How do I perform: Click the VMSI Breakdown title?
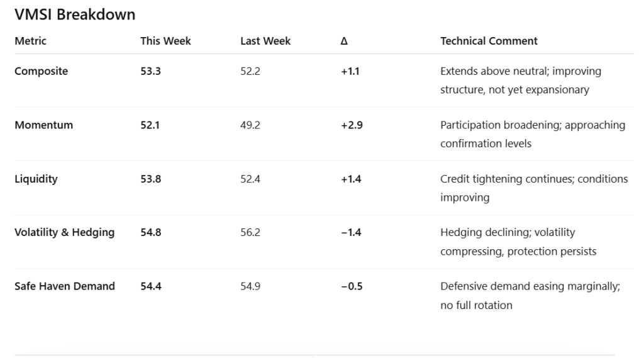coord(75,14)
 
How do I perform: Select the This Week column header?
coord(165,41)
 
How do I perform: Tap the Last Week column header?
coord(265,41)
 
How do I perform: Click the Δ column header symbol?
coord(344,41)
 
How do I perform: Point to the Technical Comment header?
coord(489,41)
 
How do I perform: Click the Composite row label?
coord(41,71)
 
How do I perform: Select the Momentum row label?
coord(43,125)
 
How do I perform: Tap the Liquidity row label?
coord(36,179)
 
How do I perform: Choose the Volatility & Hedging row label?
coord(65,233)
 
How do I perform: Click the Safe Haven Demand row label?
coord(65,286)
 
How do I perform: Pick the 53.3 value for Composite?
coord(151,71)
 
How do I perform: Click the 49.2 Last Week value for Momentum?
coord(250,125)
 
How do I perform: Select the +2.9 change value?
coord(352,125)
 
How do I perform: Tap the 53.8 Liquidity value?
coord(151,179)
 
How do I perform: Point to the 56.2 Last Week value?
coord(250,232)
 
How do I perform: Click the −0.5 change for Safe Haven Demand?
coord(352,286)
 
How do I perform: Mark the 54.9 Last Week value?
coord(250,286)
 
